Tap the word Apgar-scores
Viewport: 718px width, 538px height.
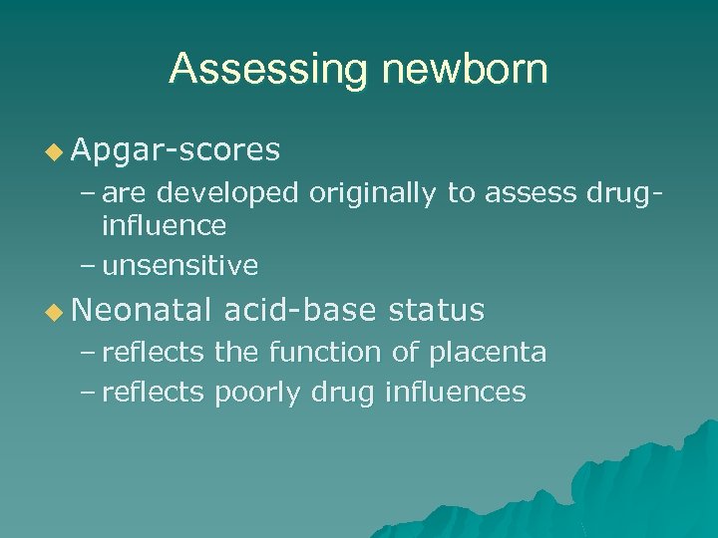pos(176,149)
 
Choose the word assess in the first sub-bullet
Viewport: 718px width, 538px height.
pos(525,193)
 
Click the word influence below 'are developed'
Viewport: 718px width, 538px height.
pos(164,225)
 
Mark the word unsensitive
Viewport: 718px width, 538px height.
pos(179,265)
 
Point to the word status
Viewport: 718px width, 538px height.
pos(436,311)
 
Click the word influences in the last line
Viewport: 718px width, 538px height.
pos(454,392)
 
